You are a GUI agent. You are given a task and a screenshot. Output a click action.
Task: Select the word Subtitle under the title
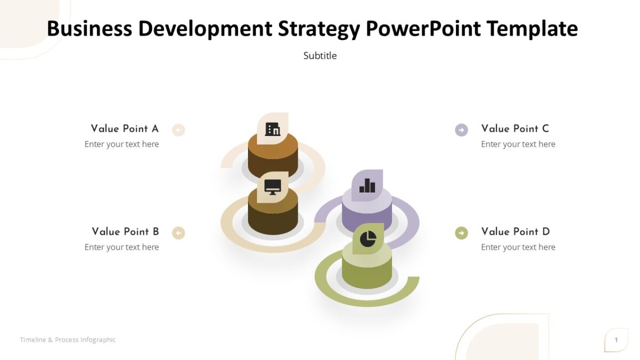320,55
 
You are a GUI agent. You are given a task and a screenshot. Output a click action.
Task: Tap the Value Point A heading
125,129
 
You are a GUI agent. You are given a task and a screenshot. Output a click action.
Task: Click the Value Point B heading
125,231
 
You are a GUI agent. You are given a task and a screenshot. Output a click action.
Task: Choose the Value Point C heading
515,129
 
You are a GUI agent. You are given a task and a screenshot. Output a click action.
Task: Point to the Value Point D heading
515,231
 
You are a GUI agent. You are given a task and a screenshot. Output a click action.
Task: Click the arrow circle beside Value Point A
179,130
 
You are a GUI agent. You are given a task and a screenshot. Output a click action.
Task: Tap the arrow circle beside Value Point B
179,233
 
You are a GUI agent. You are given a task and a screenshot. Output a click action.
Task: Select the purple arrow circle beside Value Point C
461,130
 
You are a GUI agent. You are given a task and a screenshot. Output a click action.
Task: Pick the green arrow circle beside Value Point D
461,233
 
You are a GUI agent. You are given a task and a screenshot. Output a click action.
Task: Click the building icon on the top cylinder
273,129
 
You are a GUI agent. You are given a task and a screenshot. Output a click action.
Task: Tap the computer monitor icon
273,187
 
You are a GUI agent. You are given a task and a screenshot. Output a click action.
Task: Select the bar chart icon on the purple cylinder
367,186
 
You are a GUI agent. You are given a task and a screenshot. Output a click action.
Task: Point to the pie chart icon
368,239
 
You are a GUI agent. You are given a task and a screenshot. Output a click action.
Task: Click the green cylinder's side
367,275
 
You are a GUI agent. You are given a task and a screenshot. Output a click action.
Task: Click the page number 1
617,340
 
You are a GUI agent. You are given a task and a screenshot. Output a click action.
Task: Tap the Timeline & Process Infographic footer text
68,340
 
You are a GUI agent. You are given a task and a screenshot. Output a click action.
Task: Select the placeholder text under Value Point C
518,144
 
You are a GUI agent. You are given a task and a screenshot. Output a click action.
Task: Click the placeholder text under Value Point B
122,247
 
